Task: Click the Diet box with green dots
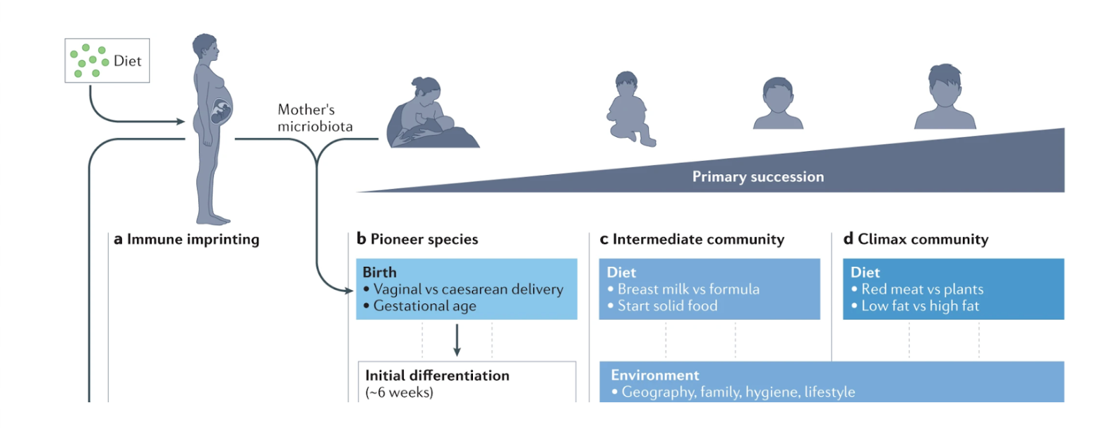point(107,61)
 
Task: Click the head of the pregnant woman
point(205,49)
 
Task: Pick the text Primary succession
point(757,176)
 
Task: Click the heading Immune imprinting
point(186,240)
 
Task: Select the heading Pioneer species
point(417,240)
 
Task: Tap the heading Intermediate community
point(692,240)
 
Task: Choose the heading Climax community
point(916,240)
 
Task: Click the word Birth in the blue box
point(380,272)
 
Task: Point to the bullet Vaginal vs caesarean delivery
point(463,289)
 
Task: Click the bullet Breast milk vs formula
point(683,289)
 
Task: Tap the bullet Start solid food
point(661,306)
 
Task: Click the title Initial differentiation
point(437,375)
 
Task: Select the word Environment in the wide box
point(655,375)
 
